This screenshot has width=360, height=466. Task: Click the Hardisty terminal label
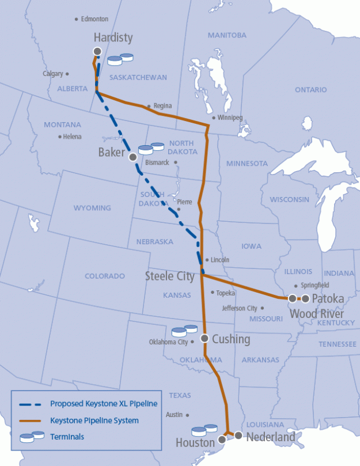pyautogui.click(x=113, y=38)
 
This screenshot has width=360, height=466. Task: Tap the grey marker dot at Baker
pyautogui.click(x=133, y=156)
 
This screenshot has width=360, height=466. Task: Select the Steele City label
pyautogui.click(x=169, y=276)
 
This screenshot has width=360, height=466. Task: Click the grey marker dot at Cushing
pyautogui.click(x=204, y=338)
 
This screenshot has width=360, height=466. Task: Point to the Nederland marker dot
pyautogui.click(x=238, y=435)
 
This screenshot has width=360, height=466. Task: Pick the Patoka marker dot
pyautogui.click(x=305, y=298)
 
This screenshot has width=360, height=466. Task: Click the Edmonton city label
pyautogui.click(x=95, y=19)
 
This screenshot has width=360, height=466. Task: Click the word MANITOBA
pyautogui.click(x=227, y=35)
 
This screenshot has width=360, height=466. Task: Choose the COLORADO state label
pyautogui.click(x=105, y=276)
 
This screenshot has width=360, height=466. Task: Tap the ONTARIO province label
pyautogui.click(x=310, y=90)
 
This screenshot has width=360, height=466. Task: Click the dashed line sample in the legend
pyautogui.click(x=32, y=404)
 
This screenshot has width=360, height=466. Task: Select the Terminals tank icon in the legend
pyautogui.click(x=32, y=437)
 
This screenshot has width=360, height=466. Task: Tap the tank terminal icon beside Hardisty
pyautogui.click(x=120, y=58)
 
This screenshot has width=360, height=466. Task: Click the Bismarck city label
pyautogui.click(x=157, y=162)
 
